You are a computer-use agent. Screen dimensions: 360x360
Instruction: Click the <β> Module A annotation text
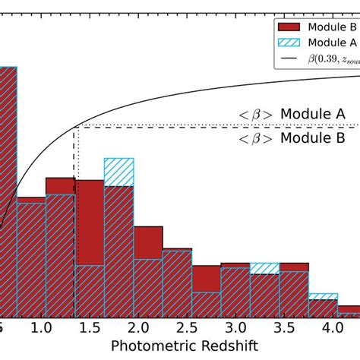[x=292, y=115]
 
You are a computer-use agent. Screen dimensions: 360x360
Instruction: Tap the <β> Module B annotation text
[x=292, y=138]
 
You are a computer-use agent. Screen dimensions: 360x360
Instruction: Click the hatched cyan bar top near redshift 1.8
[x=118, y=172]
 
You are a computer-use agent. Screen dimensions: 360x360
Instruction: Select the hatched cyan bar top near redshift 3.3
[x=264, y=268]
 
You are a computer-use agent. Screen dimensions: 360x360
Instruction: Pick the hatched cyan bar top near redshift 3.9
[x=323, y=296]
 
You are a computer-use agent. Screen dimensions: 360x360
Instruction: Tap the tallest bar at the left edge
[x=8, y=190]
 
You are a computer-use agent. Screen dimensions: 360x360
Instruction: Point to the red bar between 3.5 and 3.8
[x=294, y=292]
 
